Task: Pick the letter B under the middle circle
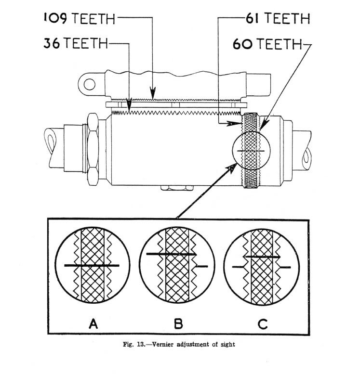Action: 178,323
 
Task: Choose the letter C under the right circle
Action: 263,323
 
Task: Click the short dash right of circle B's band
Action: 202,266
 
